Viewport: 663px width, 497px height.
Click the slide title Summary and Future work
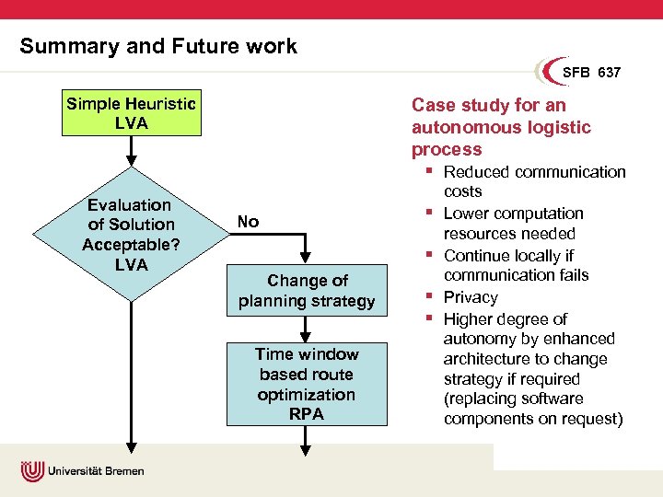158,46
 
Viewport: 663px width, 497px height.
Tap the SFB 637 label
591,73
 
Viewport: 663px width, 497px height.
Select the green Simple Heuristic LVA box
131,113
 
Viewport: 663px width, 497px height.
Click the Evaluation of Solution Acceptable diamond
131,235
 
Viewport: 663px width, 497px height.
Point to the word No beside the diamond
248,222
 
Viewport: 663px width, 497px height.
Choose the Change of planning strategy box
307,291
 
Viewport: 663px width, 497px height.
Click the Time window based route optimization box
307,384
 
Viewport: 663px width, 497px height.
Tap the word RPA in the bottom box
307,414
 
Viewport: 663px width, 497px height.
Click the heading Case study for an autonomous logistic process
501,127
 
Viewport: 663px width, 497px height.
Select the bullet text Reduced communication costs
534,181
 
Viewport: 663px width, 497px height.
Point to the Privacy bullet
471,297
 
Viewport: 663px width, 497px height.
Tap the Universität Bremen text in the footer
98,471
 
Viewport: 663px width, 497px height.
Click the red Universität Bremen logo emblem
33,471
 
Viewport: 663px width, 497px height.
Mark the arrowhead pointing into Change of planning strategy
308,261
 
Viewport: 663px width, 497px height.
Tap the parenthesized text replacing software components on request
532,409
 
